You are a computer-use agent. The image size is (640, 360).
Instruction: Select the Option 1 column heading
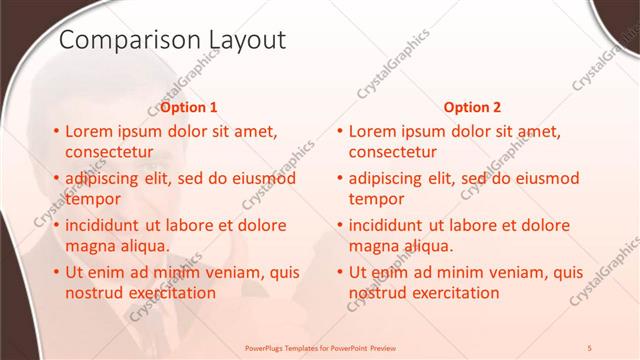(189, 107)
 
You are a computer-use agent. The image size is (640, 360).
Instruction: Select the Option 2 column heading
(473, 107)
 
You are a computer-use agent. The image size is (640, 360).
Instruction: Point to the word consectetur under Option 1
(109, 152)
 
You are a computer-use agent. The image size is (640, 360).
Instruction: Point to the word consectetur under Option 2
(393, 152)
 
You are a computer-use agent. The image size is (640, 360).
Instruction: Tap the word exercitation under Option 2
(449, 293)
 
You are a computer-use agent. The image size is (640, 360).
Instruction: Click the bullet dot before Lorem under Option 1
(55, 131)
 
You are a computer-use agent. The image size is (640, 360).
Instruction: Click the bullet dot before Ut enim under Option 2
(339, 272)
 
